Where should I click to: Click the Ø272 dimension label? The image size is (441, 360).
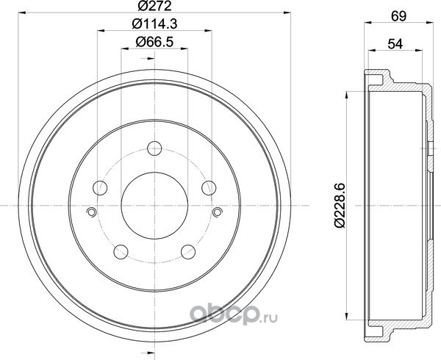pos(154,6)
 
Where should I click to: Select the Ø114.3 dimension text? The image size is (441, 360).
pos(154,24)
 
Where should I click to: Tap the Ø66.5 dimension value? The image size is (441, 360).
pos(154,42)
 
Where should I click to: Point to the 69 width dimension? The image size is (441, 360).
pos(399,16)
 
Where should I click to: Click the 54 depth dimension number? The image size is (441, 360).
pos(395,44)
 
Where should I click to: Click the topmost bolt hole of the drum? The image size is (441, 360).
pos(154,148)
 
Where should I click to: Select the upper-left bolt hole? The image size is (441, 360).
pos(100,188)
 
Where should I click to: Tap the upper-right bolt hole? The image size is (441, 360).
pos(209,188)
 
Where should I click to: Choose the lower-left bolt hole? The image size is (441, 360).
pos(121,252)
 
